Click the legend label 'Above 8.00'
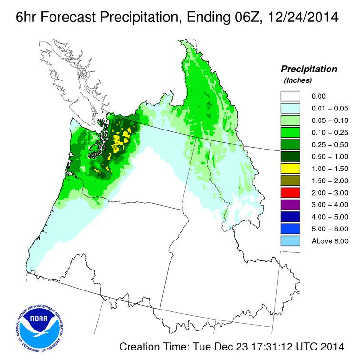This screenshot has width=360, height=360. pyautogui.click(x=330, y=241)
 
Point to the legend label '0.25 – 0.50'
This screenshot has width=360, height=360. pyautogui.click(x=330, y=144)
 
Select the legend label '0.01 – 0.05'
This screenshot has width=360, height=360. pyautogui.click(x=330, y=108)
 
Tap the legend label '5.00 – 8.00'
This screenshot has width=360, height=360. pyautogui.click(x=330, y=229)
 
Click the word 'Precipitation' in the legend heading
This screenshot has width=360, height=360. pyautogui.click(x=309, y=69)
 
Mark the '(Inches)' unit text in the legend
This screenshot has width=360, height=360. pyautogui.click(x=298, y=80)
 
